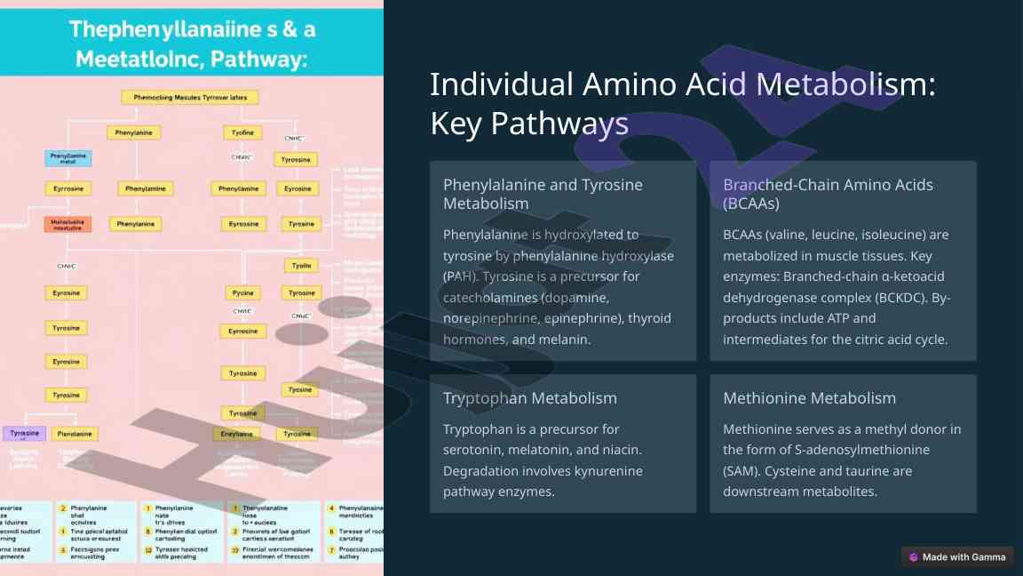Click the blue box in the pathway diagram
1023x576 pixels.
[68, 158]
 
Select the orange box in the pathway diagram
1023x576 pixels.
[67, 224]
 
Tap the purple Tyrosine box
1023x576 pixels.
[24, 434]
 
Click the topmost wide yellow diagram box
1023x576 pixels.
[189, 97]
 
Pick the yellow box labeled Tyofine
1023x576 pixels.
[242, 132]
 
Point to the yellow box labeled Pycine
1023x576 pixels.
[242, 292]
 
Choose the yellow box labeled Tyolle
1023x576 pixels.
[301, 266]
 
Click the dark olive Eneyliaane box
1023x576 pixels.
[236, 434]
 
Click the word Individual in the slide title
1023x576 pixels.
[502, 84]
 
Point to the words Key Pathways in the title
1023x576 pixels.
[529, 124]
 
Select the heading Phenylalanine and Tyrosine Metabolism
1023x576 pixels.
[543, 194]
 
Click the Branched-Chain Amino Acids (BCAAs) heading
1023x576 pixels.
[828, 194]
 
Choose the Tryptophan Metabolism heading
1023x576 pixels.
[529, 397]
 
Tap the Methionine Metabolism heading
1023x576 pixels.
[809, 397]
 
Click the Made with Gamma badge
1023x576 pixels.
[956, 557]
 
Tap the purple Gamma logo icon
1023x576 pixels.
[913, 557]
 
